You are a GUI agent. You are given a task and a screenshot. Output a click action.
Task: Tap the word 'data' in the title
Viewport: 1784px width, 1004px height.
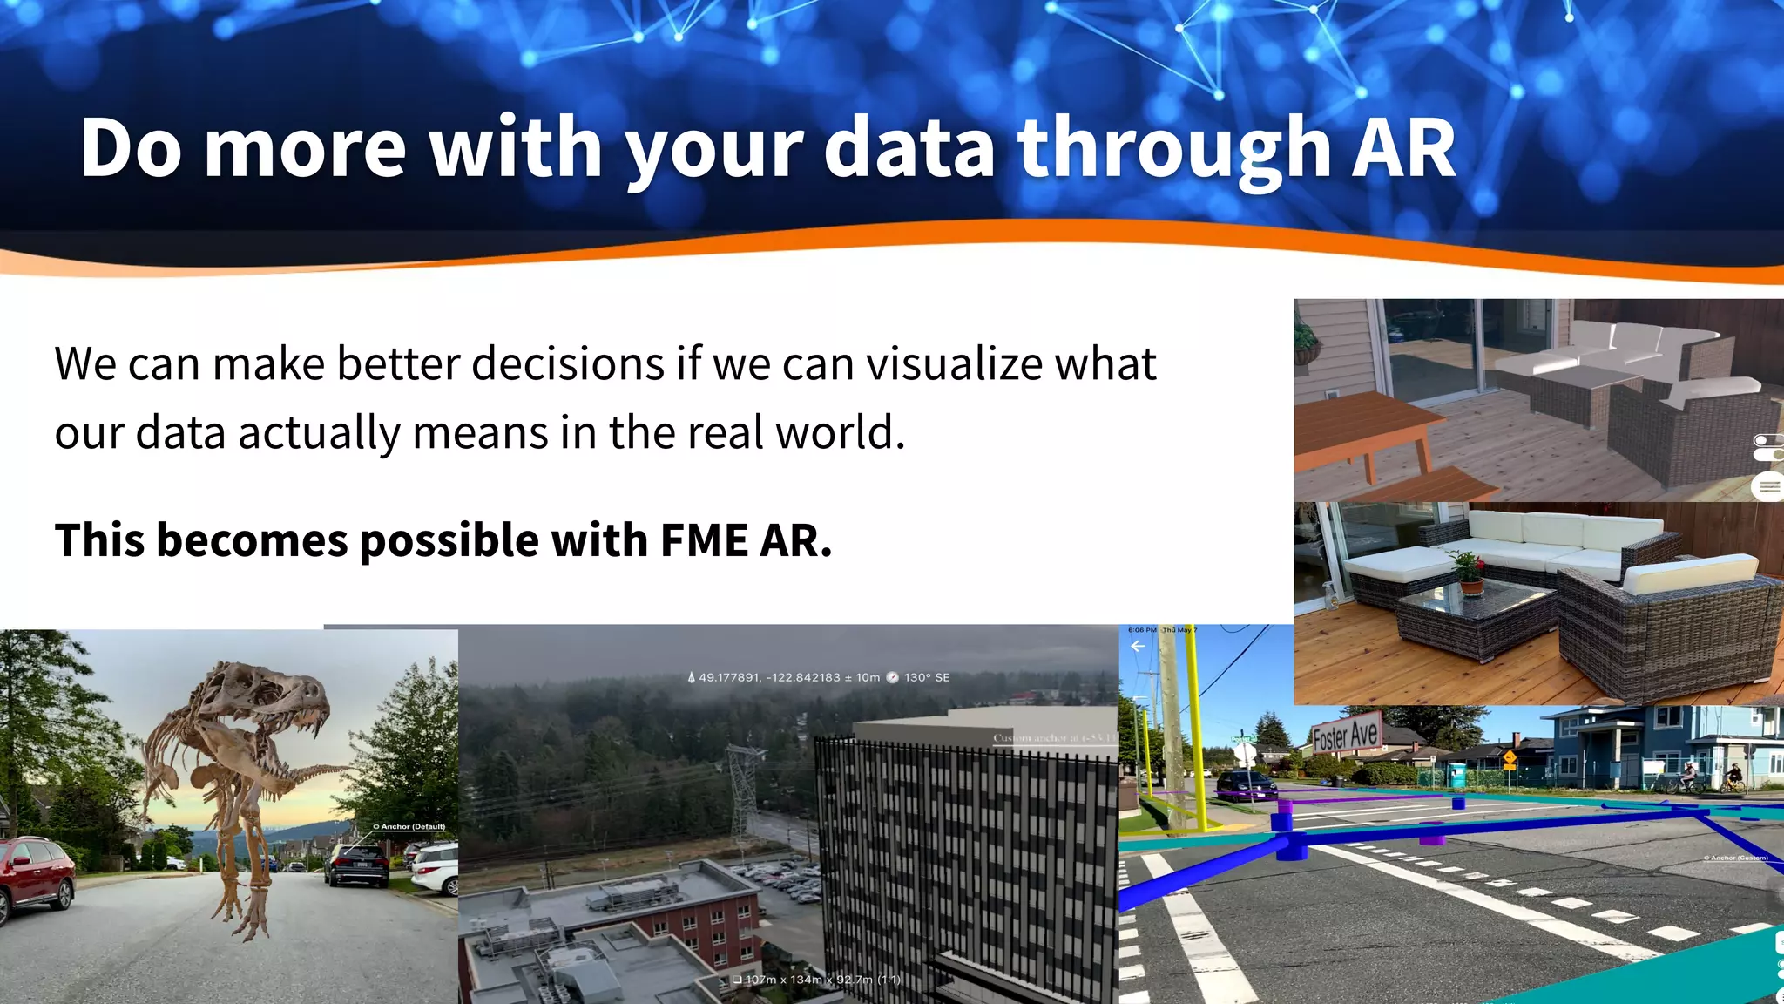(909, 148)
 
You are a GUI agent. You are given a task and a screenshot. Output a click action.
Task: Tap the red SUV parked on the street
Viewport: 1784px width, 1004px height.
(35, 876)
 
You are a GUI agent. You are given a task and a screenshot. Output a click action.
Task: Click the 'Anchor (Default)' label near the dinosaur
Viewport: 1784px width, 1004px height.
(409, 826)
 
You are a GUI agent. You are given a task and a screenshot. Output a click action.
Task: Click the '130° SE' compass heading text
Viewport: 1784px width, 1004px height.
(926, 677)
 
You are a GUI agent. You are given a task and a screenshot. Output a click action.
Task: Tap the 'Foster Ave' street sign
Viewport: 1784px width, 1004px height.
(1346, 735)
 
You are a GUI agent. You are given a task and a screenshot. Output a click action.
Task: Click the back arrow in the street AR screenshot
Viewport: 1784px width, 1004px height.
(1137, 646)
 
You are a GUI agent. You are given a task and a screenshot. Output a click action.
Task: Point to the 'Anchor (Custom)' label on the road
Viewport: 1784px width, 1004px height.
(1735, 858)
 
